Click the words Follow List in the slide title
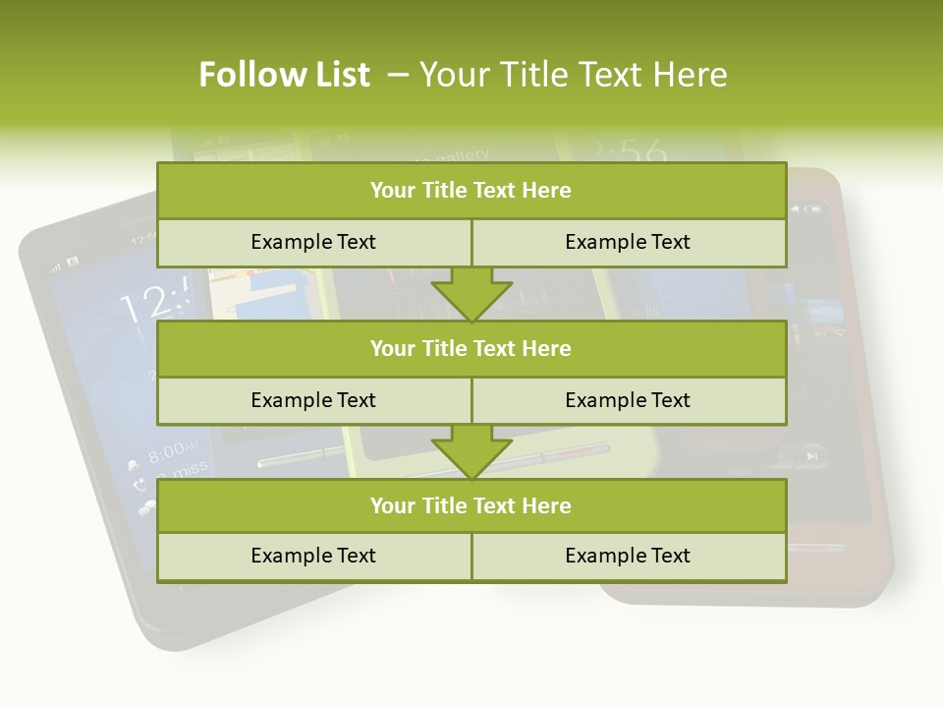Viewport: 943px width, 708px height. pyautogui.click(x=284, y=75)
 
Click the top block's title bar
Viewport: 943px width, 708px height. pyautogui.click(x=471, y=191)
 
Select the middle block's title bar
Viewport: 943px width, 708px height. pyautogui.click(x=471, y=348)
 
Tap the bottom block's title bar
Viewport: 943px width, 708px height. pyautogui.click(x=471, y=505)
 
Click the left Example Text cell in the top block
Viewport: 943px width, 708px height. pyautogui.click(x=313, y=242)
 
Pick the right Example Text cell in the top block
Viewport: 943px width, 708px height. pyautogui.click(x=628, y=242)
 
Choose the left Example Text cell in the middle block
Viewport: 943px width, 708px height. pyautogui.click(x=313, y=400)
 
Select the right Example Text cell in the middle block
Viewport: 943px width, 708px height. pyautogui.click(x=628, y=400)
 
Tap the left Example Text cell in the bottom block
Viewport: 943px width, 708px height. pyautogui.click(x=313, y=556)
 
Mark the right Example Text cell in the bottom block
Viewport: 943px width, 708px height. pyautogui.click(x=628, y=556)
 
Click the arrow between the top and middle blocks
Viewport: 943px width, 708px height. pyautogui.click(x=471, y=294)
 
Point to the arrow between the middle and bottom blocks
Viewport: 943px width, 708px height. pyautogui.click(x=471, y=451)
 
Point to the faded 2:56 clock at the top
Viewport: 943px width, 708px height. pyautogui.click(x=621, y=150)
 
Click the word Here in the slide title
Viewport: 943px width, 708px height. pyautogui.click(x=692, y=75)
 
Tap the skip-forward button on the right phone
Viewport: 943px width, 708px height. pyautogui.click(x=811, y=455)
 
